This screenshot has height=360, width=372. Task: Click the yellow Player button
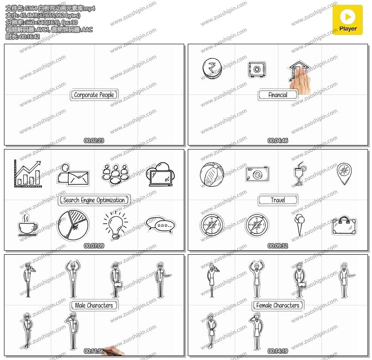(348, 20)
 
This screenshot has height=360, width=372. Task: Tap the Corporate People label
(94, 95)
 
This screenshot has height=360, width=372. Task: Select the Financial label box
(277, 95)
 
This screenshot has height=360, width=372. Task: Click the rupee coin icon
(212, 69)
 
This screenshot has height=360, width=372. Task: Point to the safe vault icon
(257, 69)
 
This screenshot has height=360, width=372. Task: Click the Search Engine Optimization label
(94, 200)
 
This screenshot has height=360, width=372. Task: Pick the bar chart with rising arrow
(27, 174)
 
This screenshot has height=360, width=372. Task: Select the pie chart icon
(73, 225)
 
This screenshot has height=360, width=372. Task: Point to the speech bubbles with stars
(160, 224)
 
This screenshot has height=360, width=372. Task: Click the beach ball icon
(212, 175)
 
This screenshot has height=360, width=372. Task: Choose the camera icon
(257, 174)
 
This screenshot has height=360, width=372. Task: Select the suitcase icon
(344, 226)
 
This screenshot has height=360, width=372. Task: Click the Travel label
(277, 200)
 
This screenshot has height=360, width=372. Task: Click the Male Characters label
(94, 305)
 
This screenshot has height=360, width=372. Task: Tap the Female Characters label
(277, 305)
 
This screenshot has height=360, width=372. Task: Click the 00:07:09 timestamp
(94, 246)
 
